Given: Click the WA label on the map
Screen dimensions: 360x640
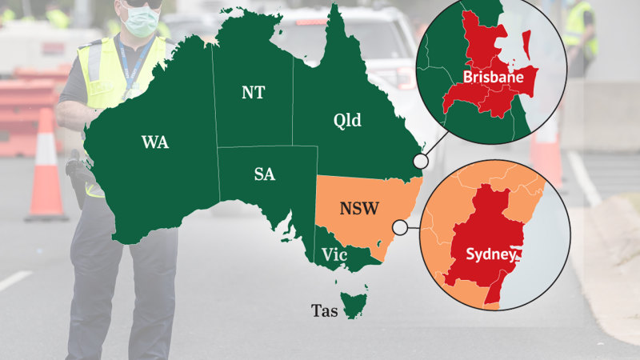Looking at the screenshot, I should tap(154, 142).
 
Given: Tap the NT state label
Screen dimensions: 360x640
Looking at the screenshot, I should tap(253, 92).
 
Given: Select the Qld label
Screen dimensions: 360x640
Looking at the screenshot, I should tap(346, 121).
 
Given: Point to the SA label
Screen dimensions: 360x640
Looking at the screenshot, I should tap(264, 174).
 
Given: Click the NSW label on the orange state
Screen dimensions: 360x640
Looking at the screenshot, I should tap(359, 209).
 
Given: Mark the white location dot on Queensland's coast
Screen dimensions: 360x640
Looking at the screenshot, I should tap(420, 162).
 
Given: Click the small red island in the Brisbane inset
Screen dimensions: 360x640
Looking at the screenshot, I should tap(526, 46).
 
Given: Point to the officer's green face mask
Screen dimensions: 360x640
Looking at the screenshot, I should tap(141, 22).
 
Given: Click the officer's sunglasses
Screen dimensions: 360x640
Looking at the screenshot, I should tap(145, 4).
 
